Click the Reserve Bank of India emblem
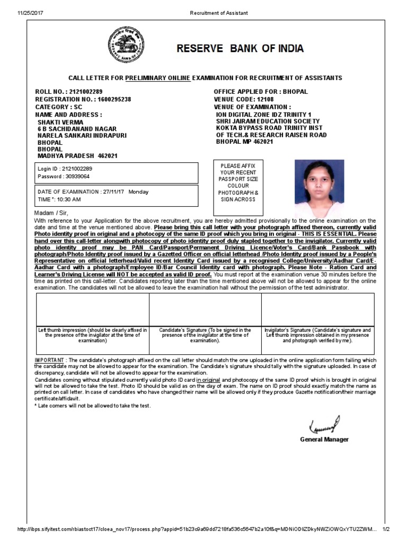pos(122,46)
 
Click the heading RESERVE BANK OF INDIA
pos(241,49)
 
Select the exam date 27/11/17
pos(113,192)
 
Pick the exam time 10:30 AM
pos(67,199)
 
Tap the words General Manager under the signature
pos(324,440)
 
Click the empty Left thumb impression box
pos(93,309)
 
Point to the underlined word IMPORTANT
pos(50,360)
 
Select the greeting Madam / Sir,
pos(51,213)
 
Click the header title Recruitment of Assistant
pos(218,13)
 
